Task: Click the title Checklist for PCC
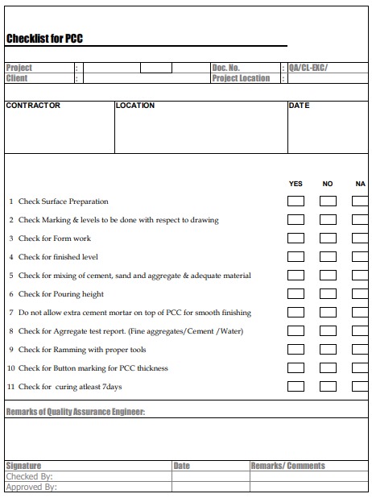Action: (44, 39)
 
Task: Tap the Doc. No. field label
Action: (226, 68)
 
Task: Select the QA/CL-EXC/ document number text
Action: (308, 68)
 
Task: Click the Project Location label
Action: (241, 78)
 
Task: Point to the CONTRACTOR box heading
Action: (33, 106)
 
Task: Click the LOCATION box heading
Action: (135, 106)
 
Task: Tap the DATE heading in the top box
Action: (299, 106)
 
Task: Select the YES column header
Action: (296, 184)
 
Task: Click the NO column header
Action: (328, 184)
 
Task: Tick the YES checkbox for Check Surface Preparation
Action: (296, 201)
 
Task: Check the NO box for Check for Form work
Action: (328, 239)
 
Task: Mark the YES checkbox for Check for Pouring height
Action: (296, 294)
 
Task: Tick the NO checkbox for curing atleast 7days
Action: (328, 387)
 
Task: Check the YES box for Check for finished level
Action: (296, 257)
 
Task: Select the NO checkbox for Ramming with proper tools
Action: (328, 350)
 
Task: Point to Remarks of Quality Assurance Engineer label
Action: (76, 413)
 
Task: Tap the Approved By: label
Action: (31, 487)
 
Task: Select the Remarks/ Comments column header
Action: (288, 466)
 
